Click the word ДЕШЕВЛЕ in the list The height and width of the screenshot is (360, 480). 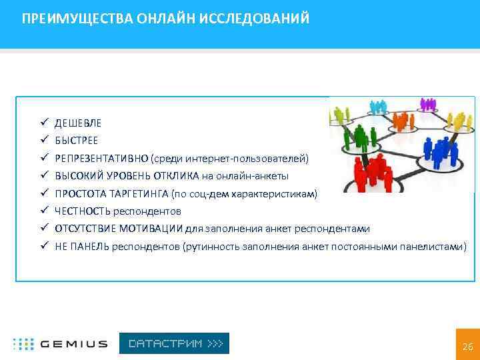(x=78, y=123)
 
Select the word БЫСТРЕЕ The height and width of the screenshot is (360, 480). (x=76, y=141)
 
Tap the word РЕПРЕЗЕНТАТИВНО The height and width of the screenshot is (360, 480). (x=101, y=159)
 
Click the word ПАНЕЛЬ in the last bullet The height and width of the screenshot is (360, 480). (x=87, y=247)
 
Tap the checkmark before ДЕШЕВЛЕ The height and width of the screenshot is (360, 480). (x=42, y=123)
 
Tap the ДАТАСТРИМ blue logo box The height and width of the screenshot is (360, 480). (x=174, y=343)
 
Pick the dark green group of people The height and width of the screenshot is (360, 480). (x=360, y=137)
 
